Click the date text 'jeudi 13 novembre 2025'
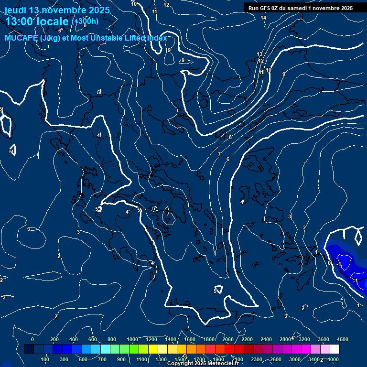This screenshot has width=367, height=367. click(x=57, y=10)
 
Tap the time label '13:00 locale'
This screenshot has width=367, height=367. click(x=38, y=21)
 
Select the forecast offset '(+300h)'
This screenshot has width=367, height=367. click(x=85, y=21)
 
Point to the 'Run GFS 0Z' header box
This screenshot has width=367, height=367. click(x=300, y=8)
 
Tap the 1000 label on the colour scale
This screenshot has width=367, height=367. click(x=132, y=339)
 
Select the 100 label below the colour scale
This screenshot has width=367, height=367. click(x=45, y=359)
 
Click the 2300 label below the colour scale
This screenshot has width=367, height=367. click(x=257, y=359)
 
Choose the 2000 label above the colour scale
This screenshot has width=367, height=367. click(x=228, y=339)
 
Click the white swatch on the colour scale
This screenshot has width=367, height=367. click(x=335, y=349)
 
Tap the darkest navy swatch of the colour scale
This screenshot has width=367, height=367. click(x=29, y=349)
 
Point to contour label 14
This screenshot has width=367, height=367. click(x=263, y=18)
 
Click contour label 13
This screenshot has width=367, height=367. click(x=259, y=54)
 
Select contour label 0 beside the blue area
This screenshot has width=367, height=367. click(x=329, y=263)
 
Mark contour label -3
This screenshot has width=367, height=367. click(x=3, y=297)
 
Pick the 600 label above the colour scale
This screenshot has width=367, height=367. click(x=92, y=339)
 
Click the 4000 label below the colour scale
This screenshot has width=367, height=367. click(x=333, y=359)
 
